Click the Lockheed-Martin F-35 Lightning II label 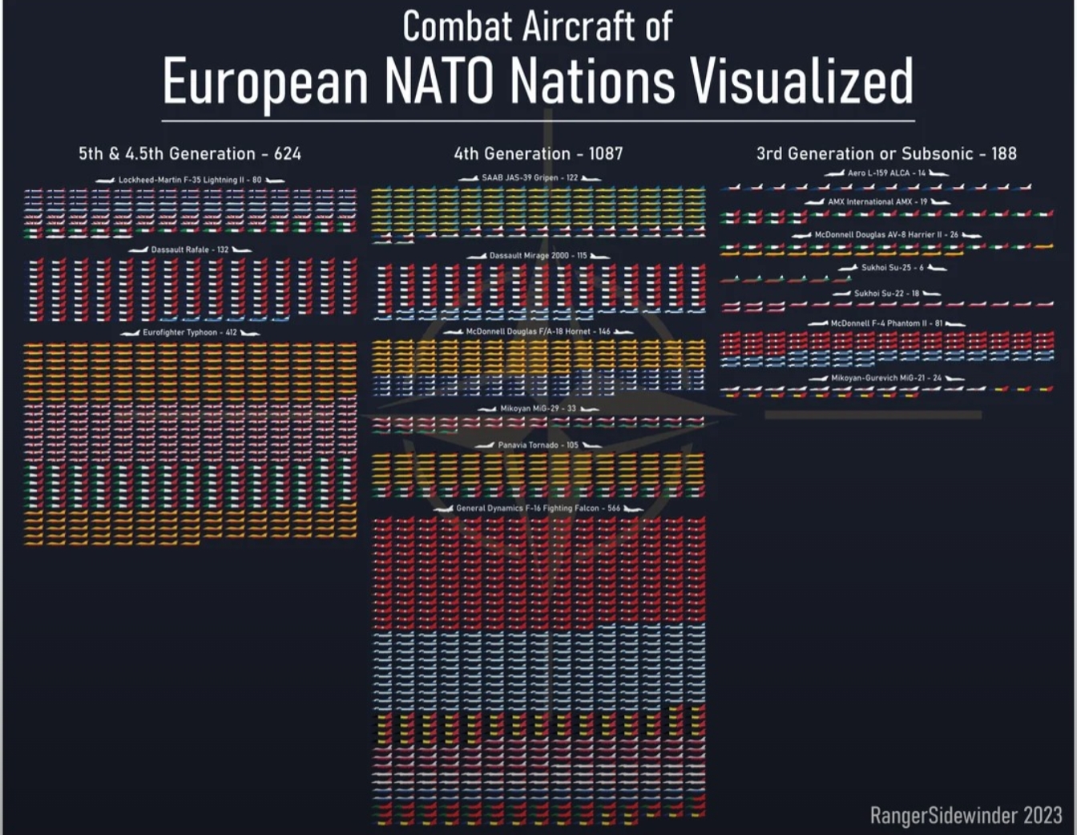(x=190, y=180)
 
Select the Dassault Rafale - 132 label (x=190, y=250)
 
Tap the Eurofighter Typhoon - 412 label (x=190, y=333)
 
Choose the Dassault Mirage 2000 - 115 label (x=538, y=256)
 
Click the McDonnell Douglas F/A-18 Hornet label (x=538, y=331)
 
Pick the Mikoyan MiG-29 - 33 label (x=538, y=409)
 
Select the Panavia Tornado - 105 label (x=538, y=445)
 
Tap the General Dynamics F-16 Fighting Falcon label (x=538, y=509)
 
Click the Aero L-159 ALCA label (x=886, y=173)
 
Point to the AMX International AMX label (x=877, y=202)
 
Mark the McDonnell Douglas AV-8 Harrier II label (x=886, y=235)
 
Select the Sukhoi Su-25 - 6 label (x=892, y=268)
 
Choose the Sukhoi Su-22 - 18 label (x=886, y=294)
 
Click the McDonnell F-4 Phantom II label (x=886, y=323)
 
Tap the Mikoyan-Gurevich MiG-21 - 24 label (x=886, y=378)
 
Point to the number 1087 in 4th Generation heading (x=606, y=154)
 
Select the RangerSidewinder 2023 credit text (x=966, y=816)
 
